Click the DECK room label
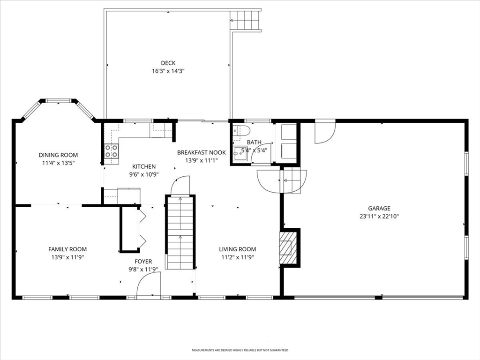coord(168,63)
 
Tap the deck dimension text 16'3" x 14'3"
coord(168,71)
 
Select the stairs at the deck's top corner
coord(245,20)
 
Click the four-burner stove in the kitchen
coord(111,151)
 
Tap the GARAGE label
coord(379,209)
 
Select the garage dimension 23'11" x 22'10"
coord(379,217)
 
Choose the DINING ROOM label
coord(58,155)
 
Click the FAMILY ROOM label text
coord(67,249)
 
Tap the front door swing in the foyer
coord(147,286)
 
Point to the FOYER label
coord(143,262)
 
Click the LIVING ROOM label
coord(238,249)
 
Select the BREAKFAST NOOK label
coord(202,152)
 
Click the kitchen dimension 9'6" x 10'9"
coord(144,174)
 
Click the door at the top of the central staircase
coord(180,186)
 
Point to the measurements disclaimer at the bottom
coord(240,350)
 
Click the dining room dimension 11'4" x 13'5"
coord(58,163)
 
